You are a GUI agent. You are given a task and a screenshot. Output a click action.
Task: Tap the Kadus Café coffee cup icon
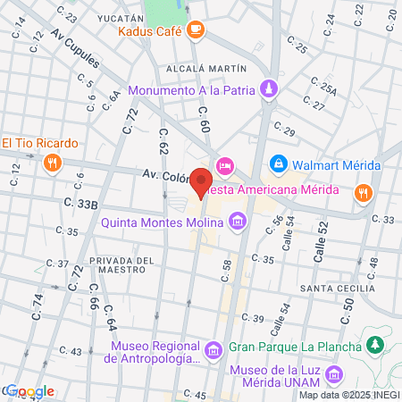click(x=196, y=30)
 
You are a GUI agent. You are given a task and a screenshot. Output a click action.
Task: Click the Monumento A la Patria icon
click(x=269, y=89)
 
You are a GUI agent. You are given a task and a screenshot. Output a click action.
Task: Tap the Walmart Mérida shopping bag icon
click(x=279, y=165)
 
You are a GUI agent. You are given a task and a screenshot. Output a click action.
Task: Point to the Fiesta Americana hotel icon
click(x=225, y=165)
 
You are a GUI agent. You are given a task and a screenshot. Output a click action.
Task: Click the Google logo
click(x=29, y=391)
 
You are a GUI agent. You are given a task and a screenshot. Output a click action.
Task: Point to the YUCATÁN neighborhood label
click(x=122, y=18)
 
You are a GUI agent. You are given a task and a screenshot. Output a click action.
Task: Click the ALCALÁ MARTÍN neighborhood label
click(x=212, y=67)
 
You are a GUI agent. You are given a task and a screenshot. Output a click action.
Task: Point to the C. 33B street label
click(x=82, y=205)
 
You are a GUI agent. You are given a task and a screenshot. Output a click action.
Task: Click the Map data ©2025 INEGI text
click(x=349, y=395)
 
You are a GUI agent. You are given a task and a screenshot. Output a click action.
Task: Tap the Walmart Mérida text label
click(x=338, y=165)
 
